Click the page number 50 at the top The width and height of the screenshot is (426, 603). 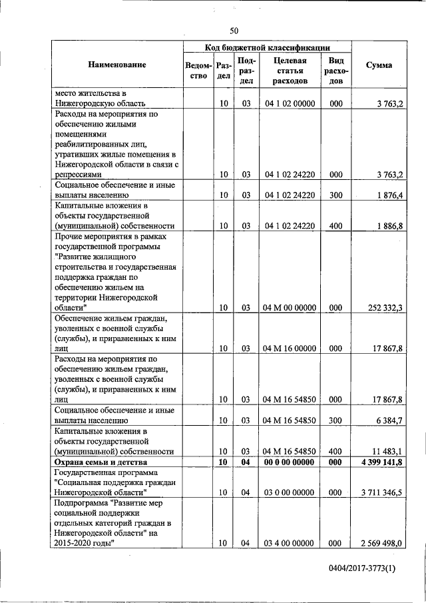[x=234, y=30]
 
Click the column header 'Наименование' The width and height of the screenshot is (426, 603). [x=116, y=65]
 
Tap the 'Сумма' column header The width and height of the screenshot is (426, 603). [x=379, y=65]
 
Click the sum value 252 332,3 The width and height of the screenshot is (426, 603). [x=385, y=308]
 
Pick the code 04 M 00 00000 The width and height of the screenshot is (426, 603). [x=290, y=308]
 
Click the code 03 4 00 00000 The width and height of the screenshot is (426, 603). [x=290, y=544]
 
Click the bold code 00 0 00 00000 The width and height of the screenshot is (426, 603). [x=290, y=462]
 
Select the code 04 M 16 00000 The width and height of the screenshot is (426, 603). [x=290, y=348]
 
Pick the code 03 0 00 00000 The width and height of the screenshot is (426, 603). [x=290, y=493]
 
